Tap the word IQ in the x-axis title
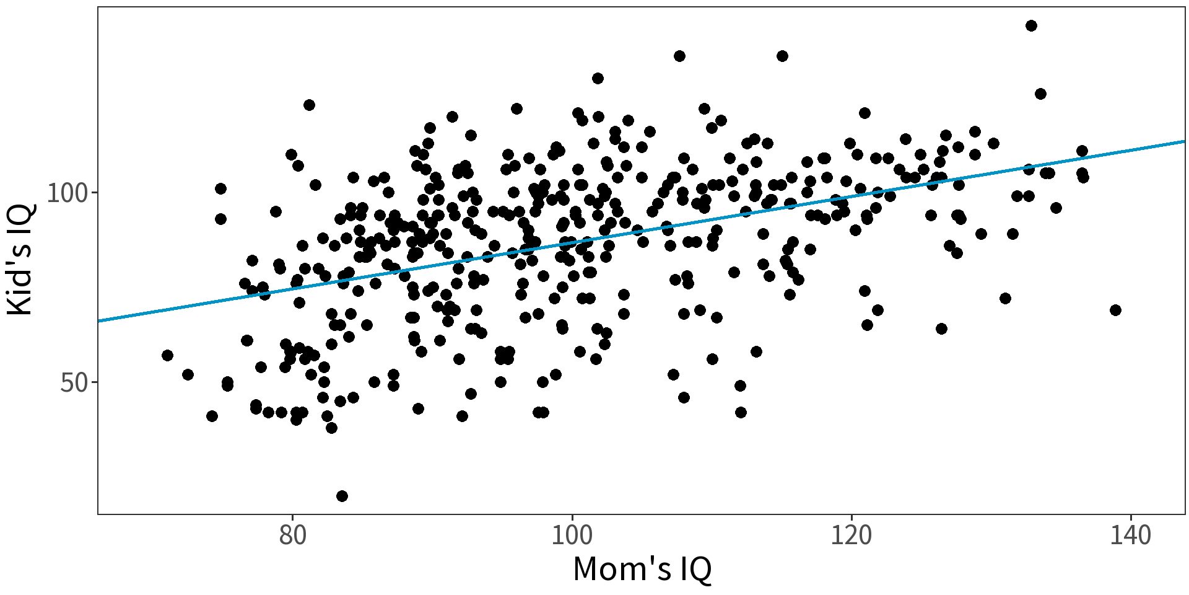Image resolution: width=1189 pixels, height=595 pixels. coord(695,569)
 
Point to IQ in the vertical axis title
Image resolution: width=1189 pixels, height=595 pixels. coord(20,218)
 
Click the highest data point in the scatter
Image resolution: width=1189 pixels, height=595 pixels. coord(1031,25)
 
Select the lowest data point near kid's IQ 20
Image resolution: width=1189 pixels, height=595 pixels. coord(342,496)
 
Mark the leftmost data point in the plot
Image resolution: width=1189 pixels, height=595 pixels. coord(167,355)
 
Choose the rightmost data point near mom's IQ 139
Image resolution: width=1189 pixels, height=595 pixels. coord(1115,310)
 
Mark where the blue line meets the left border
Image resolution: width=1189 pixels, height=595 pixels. coord(98,321)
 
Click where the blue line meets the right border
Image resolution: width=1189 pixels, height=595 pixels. coord(1185,141)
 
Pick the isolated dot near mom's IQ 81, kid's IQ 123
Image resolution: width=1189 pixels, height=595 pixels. coord(309,105)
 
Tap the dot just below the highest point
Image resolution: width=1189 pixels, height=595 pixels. coord(1040,94)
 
